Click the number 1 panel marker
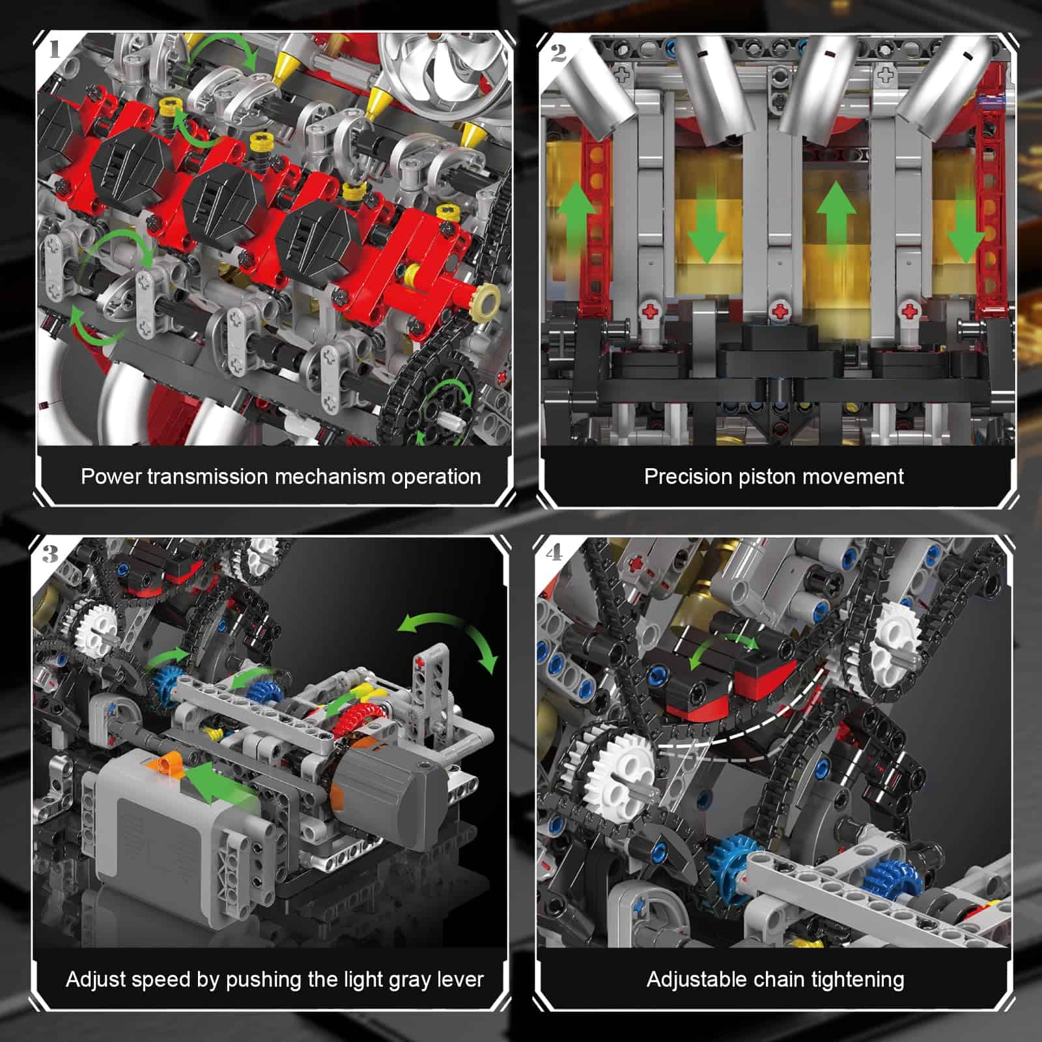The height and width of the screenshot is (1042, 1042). (54, 49)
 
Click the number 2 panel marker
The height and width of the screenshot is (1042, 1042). (558, 52)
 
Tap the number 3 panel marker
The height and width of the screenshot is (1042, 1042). (50, 554)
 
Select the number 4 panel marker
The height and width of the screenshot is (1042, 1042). (554, 553)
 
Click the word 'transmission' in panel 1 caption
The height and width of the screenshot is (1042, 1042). (208, 477)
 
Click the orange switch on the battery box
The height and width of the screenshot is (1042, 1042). (172, 763)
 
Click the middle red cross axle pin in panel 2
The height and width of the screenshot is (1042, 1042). (780, 312)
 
